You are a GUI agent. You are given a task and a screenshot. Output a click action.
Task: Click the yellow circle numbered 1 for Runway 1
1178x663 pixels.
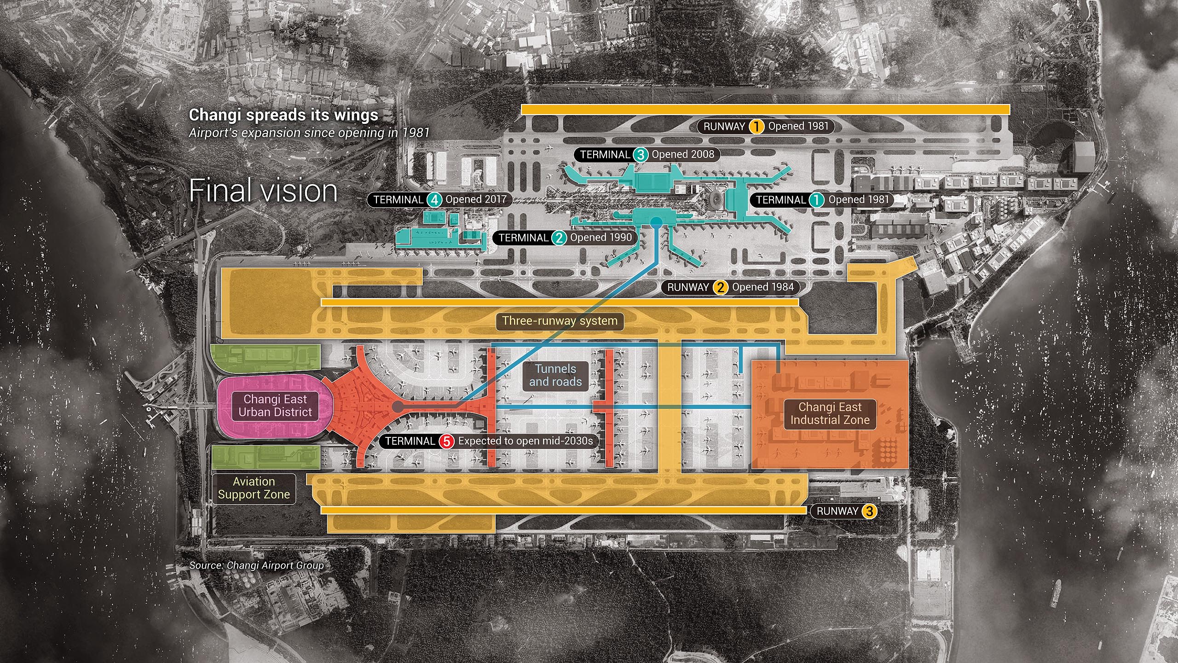(x=756, y=126)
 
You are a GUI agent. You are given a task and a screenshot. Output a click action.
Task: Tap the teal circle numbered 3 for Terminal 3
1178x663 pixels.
(x=640, y=155)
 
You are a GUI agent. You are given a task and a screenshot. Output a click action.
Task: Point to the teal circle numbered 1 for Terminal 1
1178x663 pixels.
(x=817, y=200)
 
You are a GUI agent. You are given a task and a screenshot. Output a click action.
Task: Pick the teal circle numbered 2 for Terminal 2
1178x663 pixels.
(x=559, y=238)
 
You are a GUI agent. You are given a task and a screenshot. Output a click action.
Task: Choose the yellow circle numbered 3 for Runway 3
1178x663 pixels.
(x=869, y=511)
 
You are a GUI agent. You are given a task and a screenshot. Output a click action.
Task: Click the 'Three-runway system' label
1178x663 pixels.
(x=560, y=321)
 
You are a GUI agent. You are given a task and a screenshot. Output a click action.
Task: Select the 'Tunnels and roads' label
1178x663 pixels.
(x=555, y=375)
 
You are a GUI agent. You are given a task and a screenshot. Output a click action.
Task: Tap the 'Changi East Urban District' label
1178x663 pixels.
(x=275, y=406)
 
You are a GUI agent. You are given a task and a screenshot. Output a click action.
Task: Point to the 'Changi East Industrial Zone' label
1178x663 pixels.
(x=830, y=413)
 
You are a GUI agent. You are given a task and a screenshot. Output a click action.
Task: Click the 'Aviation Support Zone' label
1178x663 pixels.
(x=254, y=488)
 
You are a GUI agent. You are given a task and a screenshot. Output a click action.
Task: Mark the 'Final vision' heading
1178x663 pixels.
(x=263, y=191)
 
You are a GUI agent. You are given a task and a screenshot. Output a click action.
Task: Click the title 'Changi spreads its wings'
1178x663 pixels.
(x=283, y=115)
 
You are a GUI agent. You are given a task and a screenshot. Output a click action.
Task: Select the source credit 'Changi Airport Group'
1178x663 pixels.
(x=275, y=565)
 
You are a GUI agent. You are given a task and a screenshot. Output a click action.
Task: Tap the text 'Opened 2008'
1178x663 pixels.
(x=683, y=155)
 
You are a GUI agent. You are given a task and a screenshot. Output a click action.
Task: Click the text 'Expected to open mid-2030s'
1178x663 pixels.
(x=525, y=441)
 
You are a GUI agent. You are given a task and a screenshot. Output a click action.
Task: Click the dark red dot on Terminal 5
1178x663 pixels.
(x=397, y=406)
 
